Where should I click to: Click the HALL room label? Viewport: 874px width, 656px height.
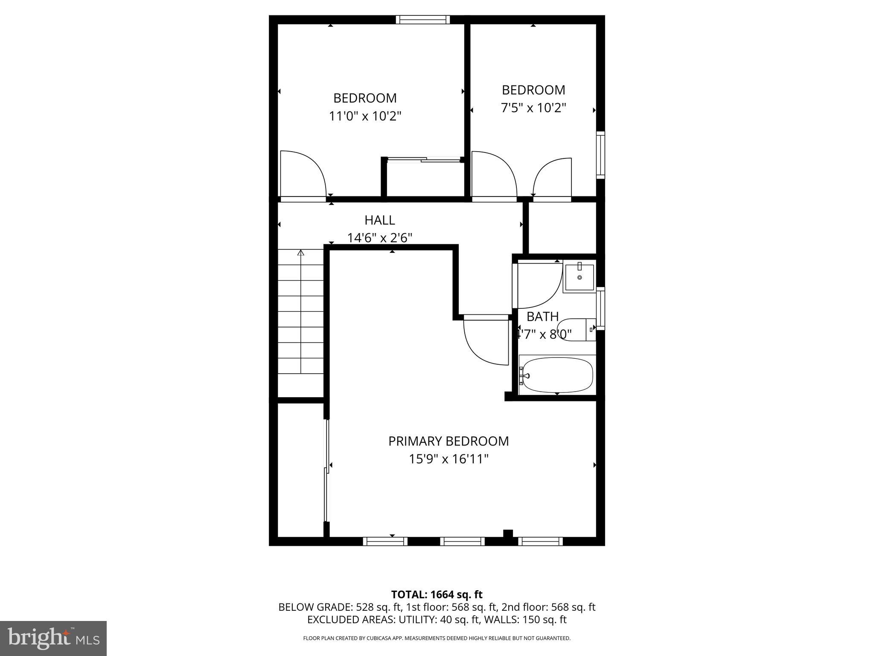tap(379, 220)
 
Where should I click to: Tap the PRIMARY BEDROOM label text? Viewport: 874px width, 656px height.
tap(448, 441)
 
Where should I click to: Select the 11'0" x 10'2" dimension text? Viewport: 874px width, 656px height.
tap(365, 116)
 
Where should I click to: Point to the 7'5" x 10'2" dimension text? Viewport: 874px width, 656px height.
tap(533, 108)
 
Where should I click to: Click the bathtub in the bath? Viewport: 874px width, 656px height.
tap(557, 375)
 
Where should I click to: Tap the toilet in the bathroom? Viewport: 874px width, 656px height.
tap(576, 329)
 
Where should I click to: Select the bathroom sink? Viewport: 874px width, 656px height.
tap(579, 278)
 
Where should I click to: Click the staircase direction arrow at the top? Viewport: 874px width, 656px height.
tap(301, 253)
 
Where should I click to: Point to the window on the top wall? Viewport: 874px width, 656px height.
tap(422, 19)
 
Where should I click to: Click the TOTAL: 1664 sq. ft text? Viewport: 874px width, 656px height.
tap(437, 594)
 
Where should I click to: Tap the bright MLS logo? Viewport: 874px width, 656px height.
tap(53, 638)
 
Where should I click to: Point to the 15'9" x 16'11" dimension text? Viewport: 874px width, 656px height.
tap(448, 459)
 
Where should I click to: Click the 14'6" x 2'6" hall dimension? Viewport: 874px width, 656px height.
tap(379, 238)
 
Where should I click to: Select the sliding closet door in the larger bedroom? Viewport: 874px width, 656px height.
tap(424, 160)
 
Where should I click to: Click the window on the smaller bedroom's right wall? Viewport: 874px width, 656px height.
tap(600, 155)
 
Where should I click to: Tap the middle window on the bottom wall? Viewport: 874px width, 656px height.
tap(462, 541)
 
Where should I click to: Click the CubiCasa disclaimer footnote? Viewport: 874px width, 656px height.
tap(437, 638)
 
